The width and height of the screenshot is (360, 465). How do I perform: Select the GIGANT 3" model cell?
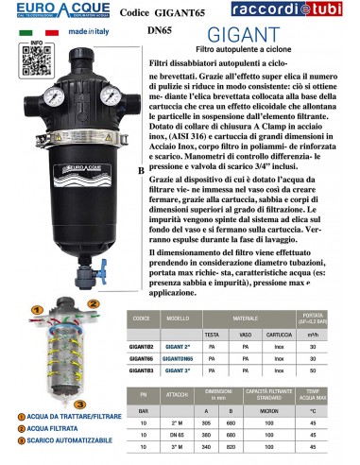pos(178,369)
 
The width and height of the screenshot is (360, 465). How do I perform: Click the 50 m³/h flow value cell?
pos(335,369)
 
